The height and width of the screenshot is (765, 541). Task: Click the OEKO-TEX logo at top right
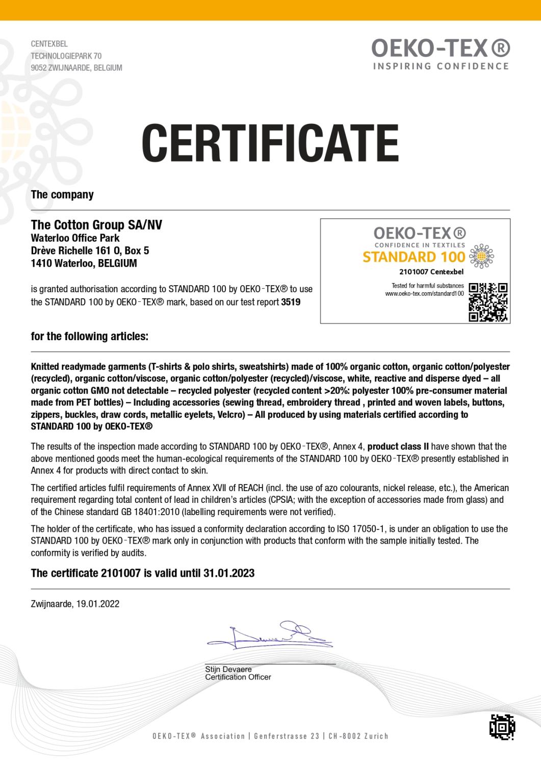(x=440, y=49)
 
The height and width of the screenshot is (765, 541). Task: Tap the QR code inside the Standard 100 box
(x=488, y=302)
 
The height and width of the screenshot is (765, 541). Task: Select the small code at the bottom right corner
(x=502, y=727)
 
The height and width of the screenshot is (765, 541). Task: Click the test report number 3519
(x=291, y=302)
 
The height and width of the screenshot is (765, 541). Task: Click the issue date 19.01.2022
(x=98, y=604)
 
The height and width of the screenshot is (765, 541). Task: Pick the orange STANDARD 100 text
(x=414, y=256)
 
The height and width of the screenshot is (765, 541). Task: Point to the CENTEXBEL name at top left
(x=49, y=44)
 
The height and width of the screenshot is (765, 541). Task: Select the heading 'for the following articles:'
(x=90, y=337)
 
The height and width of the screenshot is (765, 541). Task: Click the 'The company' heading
(x=62, y=195)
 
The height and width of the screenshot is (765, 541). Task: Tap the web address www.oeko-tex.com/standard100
(x=424, y=294)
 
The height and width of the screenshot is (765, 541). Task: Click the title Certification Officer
(x=238, y=677)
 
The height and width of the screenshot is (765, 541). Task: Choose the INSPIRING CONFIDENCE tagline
(x=441, y=66)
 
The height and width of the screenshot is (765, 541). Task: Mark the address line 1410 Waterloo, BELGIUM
(x=84, y=264)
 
